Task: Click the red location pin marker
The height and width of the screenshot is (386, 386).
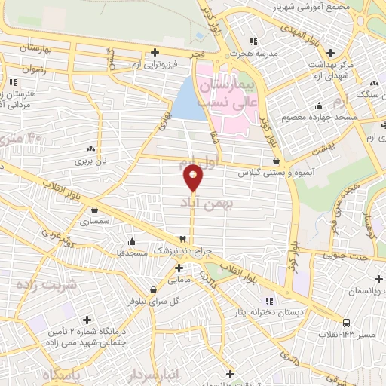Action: [193, 177]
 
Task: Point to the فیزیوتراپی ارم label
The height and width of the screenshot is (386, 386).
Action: [180, 64]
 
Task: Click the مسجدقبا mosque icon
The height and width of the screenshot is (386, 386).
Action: [133, 242]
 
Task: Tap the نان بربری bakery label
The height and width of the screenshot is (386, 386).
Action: [91, 161]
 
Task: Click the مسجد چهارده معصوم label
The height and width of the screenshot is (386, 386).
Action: [314, 118]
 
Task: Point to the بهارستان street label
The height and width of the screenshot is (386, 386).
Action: [34, 47]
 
